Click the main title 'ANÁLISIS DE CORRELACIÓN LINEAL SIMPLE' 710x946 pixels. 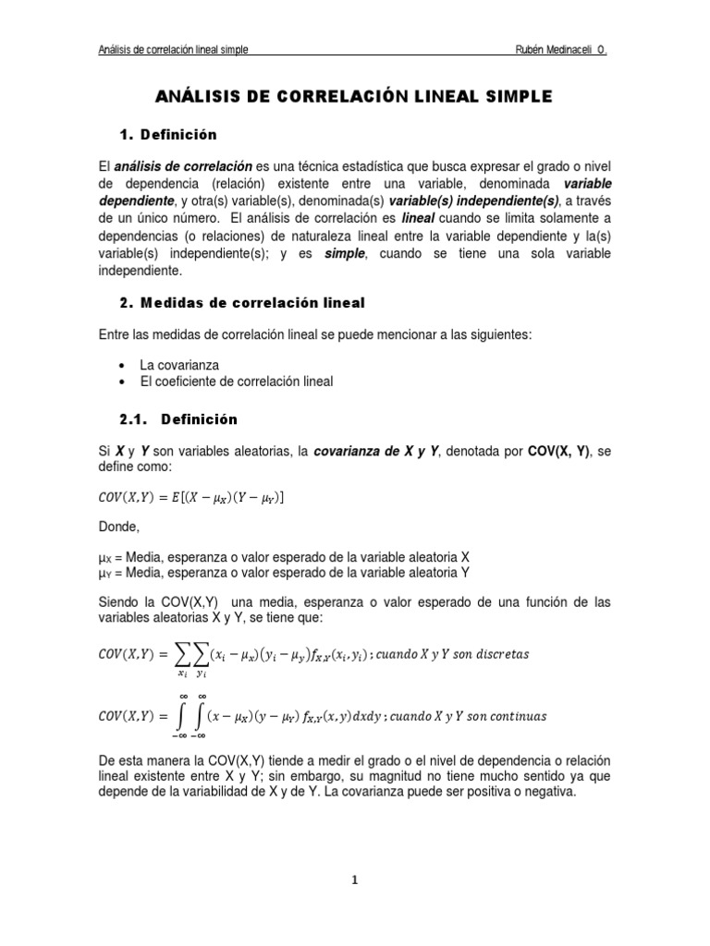(355, 95)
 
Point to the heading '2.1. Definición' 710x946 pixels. (178, 418)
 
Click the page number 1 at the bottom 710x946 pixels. (355, 880)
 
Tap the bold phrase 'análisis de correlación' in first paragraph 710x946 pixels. (183, 165)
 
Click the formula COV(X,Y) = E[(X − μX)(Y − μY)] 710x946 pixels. (191, 499)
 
